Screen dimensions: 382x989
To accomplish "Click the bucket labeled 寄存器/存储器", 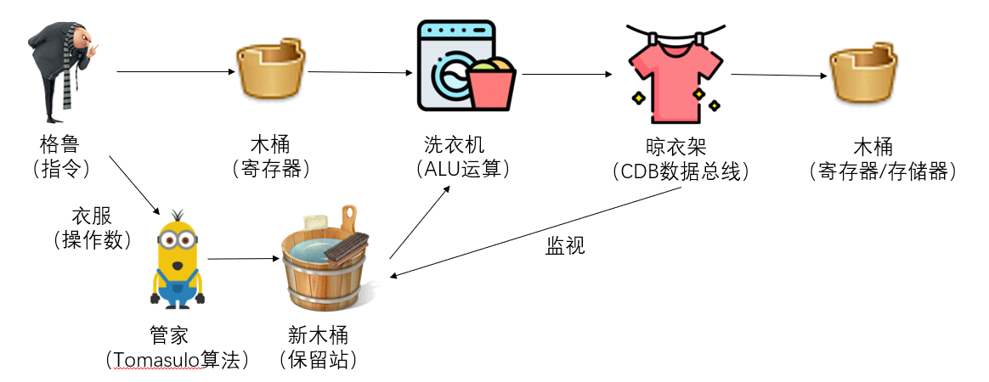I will pyautogui.click(x=862, y=75).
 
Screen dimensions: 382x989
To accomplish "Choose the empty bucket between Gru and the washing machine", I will pyautogui.click(x=270, y=74).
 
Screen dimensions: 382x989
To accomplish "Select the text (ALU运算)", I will pyautogui.click(x=463, y=169).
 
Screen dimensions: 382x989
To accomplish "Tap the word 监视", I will pyautogui.click(x=566, y=247).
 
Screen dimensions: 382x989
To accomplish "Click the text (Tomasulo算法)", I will pyautogui.click(x=178, y=360).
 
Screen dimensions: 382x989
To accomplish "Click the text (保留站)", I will pyautogui.click(x=318, y=360).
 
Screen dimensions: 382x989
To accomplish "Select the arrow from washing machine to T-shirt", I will pyautogui.click(x=566, y=75).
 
